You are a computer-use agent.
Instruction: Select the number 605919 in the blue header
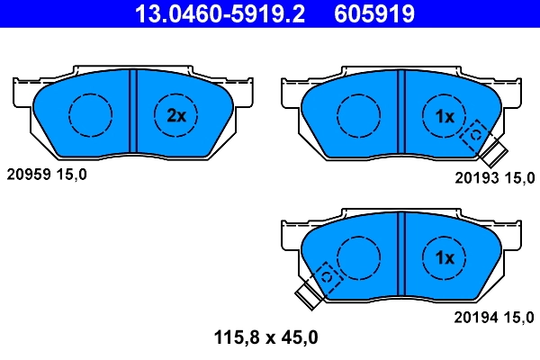click(374, 14)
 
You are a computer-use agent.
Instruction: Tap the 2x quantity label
click(176, 114)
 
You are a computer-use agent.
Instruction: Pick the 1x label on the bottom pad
click(445, 257)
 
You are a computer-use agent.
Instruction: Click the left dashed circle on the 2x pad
click(90, 114)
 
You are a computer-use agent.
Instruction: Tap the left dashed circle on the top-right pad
click(359, 114)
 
